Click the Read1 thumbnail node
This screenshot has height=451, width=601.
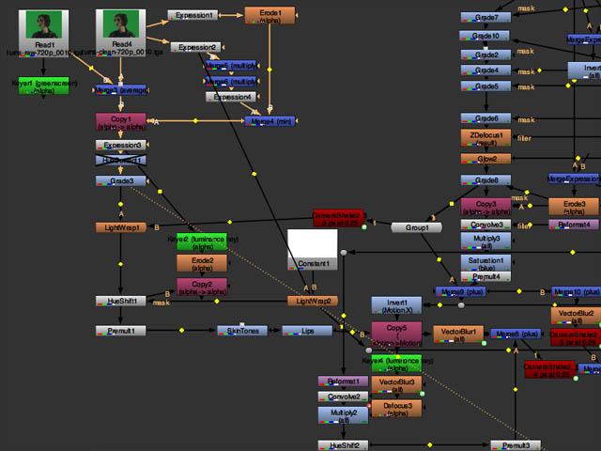coord(45,23)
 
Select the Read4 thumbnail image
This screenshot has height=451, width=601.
coord(121,23)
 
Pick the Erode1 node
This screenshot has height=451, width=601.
coord(270,15)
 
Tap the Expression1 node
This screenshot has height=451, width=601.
coord(193,16)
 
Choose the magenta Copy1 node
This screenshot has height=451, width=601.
coord(120,122)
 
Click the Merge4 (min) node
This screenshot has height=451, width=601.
coord(270,121)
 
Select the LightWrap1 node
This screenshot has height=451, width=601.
coord(121,227)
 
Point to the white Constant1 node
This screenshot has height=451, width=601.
coord(313,250)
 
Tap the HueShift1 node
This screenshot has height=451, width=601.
coord(120,301)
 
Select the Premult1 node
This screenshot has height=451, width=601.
coord(120,331)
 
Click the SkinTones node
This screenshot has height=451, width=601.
coord(242,331)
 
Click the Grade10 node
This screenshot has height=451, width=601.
coord(485,36)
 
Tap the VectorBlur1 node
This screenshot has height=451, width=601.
coord(457,333)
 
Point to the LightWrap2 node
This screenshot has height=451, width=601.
coord(313,301)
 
